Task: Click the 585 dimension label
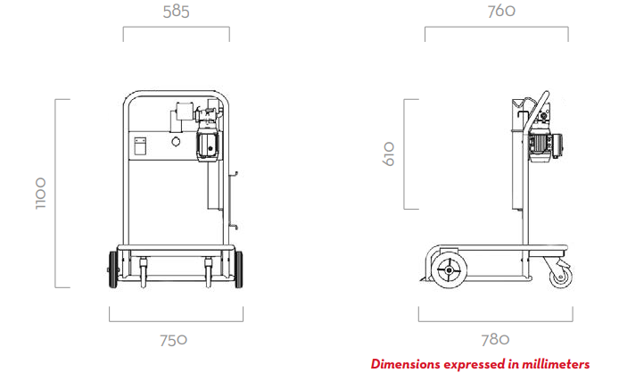click(176, 12)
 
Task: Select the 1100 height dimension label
click(41, 193)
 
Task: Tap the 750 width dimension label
click(173, 340)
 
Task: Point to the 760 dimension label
click(501, 11)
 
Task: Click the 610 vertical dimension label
click(389, 153)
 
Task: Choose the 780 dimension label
click(495, 340)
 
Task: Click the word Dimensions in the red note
click(406, 364)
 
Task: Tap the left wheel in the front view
click(113, 269)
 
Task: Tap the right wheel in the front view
click(238, 269)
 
